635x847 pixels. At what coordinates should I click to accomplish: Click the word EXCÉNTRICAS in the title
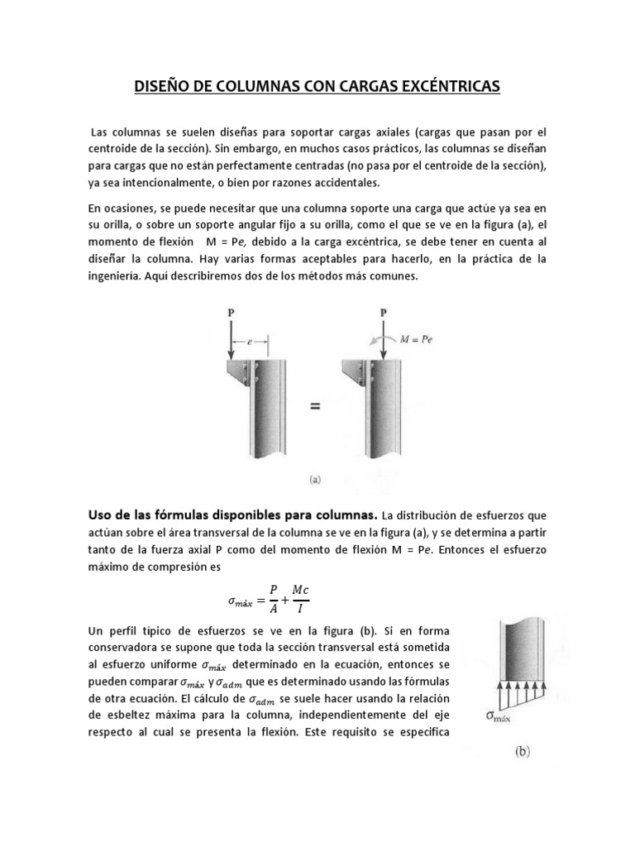coord(446,85)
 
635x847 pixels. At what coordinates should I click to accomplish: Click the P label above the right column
coord(383,313)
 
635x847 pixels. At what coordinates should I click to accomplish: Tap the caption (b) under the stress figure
coord(523,753)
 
